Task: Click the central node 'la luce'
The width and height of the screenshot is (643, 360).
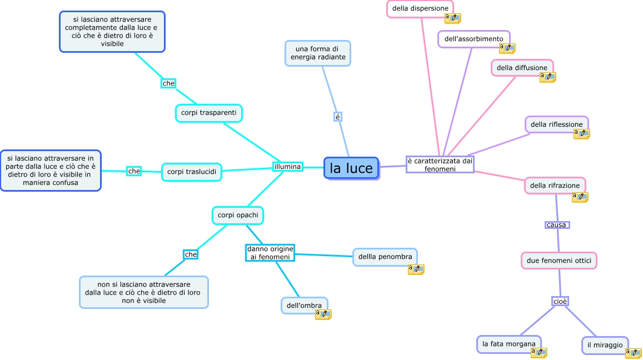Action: tap(351, 168)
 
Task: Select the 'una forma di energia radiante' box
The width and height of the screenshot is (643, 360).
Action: tap(318, 53)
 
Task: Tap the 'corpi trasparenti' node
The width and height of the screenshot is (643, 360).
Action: tap(208, 113)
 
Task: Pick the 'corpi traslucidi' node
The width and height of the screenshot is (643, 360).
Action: tap(192, 172)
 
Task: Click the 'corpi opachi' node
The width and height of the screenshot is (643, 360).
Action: tap(237, 215)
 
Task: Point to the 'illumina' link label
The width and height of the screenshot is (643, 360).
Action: tap(287, 167)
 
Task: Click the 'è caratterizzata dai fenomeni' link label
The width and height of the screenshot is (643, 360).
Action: tap(440, 164)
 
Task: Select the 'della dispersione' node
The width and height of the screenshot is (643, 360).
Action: tap(420, 8)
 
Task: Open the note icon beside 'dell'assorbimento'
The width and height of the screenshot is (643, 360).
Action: tap(507, 48)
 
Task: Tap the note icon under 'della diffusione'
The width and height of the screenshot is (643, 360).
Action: tap(547, 77)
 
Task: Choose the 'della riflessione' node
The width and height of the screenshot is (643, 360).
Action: tap(556, 124)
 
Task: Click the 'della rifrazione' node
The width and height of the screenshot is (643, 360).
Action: tap(555, 186)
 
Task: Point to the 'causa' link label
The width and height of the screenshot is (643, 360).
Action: tap(557, 225)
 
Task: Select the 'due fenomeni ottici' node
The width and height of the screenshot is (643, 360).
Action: tap(559, 260)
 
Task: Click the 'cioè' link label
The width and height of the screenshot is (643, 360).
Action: tap(560, 301)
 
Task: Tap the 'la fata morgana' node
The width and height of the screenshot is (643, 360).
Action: tap(509, 344)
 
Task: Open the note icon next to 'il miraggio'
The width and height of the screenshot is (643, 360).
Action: tap(634, 352)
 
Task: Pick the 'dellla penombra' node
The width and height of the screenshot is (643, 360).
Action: tap(385, 257)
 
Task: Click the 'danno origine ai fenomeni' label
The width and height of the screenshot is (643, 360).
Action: tap(270, 253)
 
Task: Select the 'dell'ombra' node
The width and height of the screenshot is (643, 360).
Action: tap(304, 305)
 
